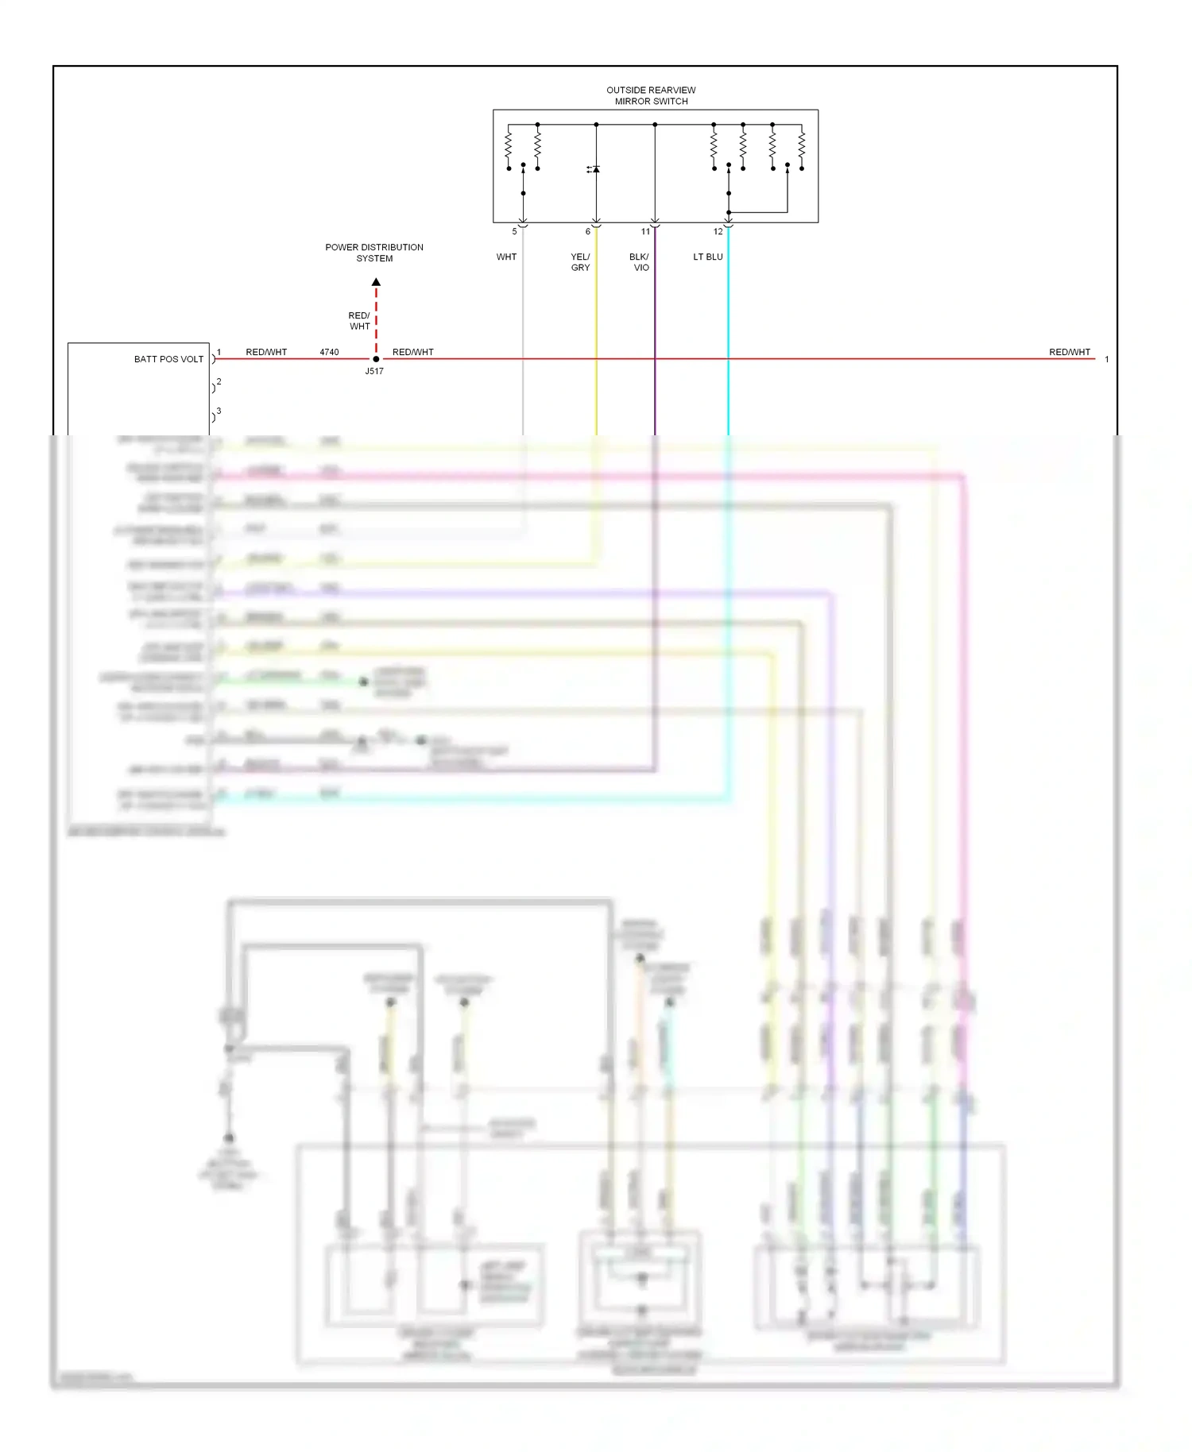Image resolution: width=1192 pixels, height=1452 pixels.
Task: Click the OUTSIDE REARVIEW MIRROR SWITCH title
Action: coord(651,95)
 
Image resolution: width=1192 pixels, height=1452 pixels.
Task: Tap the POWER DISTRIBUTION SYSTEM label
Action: coord(374,253)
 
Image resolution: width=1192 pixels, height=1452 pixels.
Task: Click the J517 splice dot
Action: coord(376,359)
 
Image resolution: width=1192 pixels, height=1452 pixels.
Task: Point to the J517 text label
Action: coord(374,371)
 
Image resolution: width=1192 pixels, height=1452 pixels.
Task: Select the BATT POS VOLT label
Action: coord(168,359)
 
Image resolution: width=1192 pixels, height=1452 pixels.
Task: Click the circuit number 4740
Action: coord(329,352)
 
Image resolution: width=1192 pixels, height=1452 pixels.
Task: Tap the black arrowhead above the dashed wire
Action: coord(376,282)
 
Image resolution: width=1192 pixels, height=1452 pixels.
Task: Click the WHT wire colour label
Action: coord(506,257)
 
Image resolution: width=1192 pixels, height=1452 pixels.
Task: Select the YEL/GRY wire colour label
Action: coord(580,262)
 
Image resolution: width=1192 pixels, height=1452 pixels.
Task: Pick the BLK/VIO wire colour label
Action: coord(640,262)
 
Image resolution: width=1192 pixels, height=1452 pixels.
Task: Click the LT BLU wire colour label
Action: coord(707,257)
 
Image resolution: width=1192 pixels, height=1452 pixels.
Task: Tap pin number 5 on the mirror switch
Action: coord(514,232)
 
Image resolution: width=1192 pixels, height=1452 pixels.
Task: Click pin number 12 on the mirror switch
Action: coord(718,232)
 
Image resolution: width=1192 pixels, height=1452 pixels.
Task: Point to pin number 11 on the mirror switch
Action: coord(645,232)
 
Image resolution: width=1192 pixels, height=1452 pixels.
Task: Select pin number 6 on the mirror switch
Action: coord(588,232)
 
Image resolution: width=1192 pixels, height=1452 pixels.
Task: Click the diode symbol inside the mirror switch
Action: coord(595,169)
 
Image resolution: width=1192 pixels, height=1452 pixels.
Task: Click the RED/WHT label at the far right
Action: coord(1069,352)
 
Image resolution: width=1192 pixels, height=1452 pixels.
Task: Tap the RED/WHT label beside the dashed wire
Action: coord(359,321)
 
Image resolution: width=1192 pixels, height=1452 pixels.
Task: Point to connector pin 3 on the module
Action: coord(219,411)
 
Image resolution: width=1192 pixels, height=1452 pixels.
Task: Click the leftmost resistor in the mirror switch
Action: coord(509,145)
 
